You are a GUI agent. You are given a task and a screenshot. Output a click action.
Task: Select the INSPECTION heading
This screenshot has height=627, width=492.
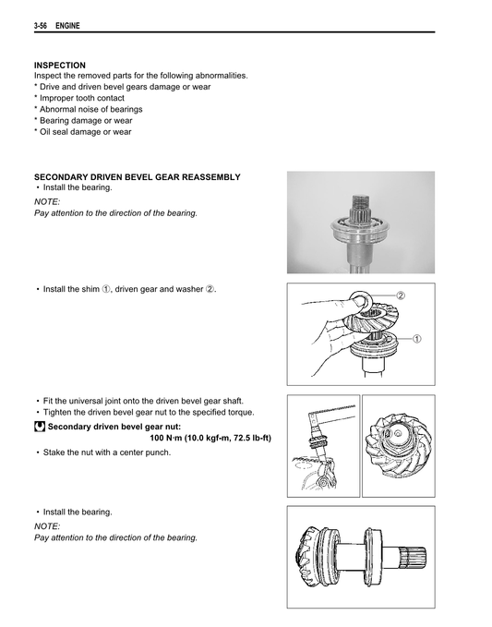tap(60, 65)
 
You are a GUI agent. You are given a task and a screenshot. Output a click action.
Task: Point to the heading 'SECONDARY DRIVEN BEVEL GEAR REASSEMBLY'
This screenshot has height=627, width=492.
tap(137, 176)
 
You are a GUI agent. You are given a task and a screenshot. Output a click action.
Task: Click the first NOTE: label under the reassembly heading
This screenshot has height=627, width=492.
tap(47, 200)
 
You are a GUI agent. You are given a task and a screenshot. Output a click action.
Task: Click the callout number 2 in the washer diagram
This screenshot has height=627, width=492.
tap(402, 295)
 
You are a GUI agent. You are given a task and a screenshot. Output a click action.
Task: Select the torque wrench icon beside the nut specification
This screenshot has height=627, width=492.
tap(40, 427)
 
